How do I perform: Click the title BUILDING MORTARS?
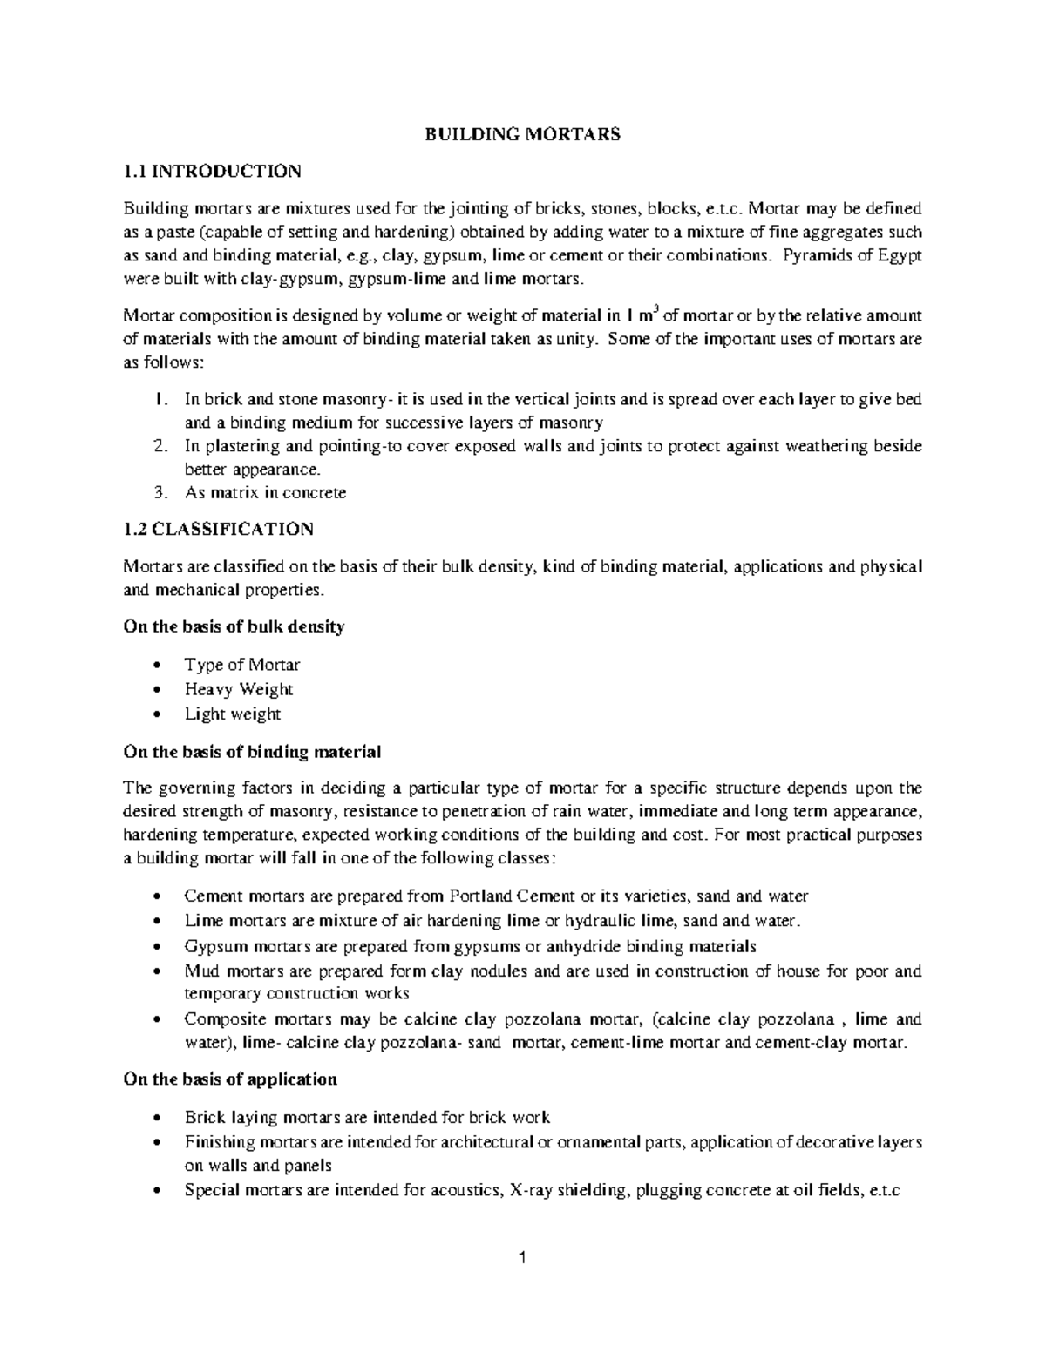[522, 134]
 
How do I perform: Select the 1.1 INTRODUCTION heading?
[213, 171]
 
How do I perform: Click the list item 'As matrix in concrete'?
[265, 492]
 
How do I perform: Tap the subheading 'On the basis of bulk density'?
[234, 626]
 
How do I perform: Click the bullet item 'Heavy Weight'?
[238, 689]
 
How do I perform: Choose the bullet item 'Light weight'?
[232, 714]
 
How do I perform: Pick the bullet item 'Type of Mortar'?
[241, 665]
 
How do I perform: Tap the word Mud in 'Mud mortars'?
[200, 971]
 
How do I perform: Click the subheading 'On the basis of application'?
[230, 1079]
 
